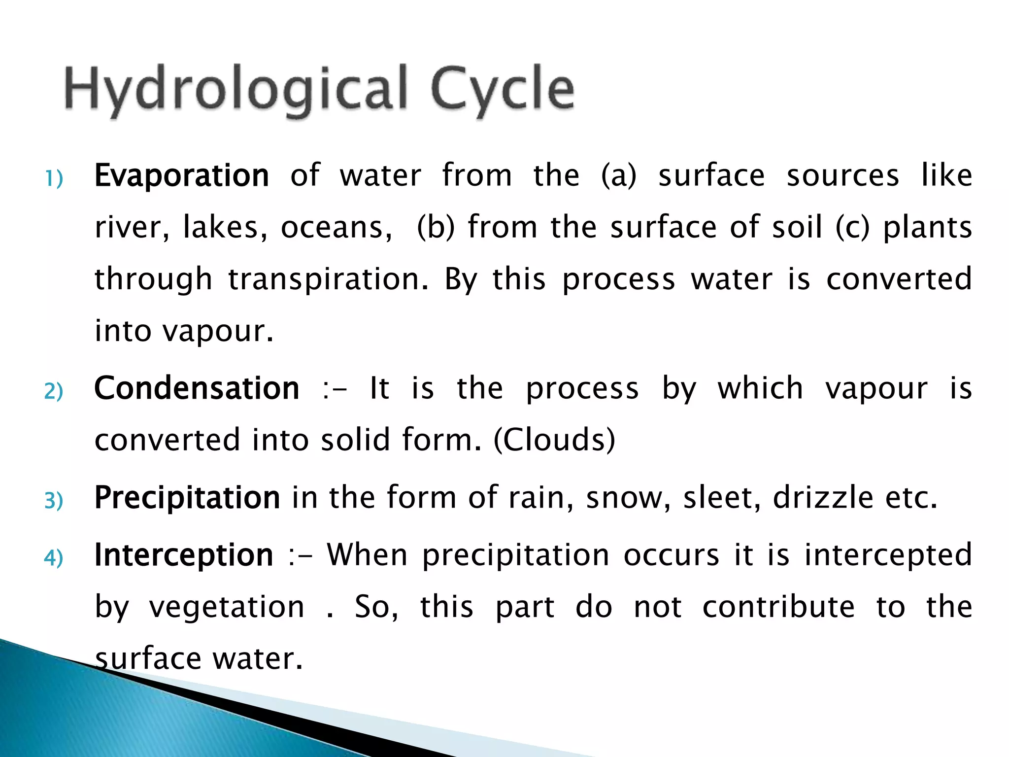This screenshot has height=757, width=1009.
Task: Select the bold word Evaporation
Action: [181, 175]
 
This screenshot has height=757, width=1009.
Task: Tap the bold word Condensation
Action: [197, 388]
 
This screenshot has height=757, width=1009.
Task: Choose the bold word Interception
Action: [183, 555]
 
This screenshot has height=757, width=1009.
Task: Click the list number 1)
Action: [54, 178]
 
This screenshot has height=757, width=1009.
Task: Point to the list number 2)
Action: [54, 391]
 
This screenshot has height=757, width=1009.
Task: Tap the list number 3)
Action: [54, 500]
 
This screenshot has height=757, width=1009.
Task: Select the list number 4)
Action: [54, 558]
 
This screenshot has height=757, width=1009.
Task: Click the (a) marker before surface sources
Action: [619, 176]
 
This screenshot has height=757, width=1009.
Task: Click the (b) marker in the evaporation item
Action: [436, 227]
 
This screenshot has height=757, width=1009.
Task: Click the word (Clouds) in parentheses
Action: [554, 440]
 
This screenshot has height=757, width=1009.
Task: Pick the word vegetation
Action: [227, 607]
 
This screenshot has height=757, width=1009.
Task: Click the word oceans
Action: [336, 228]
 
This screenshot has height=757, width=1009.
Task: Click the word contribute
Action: [778, 607]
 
